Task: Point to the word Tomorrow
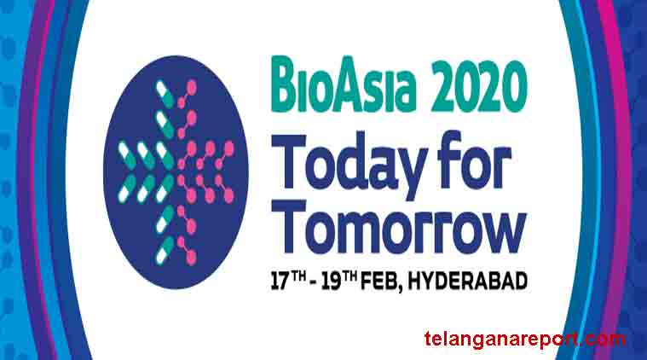[x=399, y=227]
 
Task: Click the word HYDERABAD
[x=467, y=282]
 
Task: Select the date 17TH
[x=288, y=281]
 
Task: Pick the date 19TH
[x=338, y=281]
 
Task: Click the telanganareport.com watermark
[x=525, y=340]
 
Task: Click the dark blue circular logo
[x=176, y=171]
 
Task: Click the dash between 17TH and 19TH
[x=313, y=283]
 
